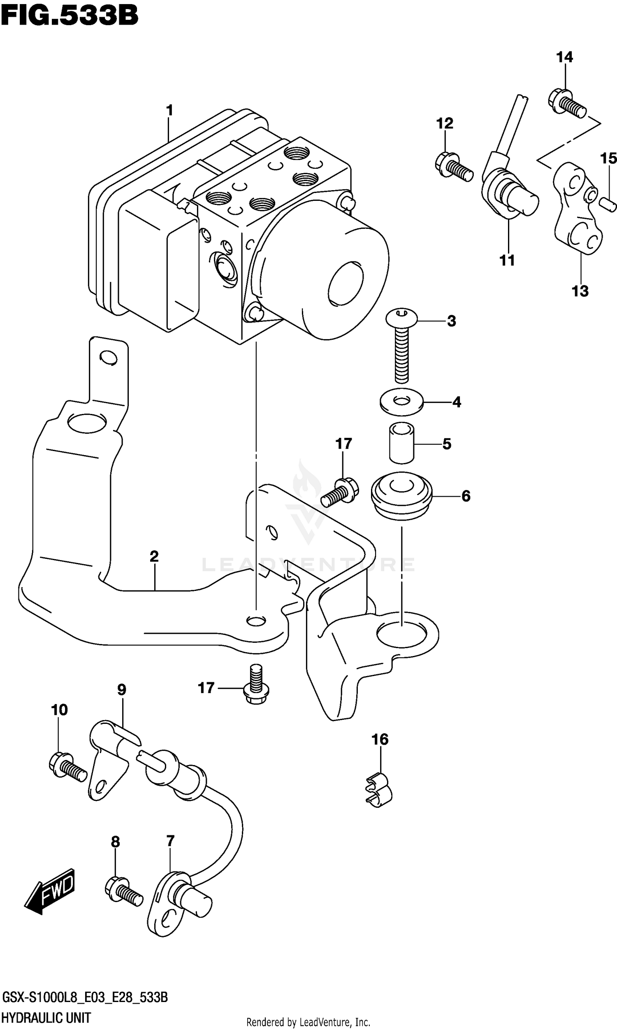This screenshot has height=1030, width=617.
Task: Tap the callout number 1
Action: click(169, 111)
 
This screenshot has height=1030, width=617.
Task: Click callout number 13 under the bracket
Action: click(580, 291)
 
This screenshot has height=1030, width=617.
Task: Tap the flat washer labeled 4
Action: click(401, 402)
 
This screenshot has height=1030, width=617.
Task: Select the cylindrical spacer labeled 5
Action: click(401, 443)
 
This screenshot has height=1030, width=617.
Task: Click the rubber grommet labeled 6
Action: click(401, 496)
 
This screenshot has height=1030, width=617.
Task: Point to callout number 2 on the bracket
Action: click(154, 556)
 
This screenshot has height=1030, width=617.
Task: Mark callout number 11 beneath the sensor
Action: click(507, 260)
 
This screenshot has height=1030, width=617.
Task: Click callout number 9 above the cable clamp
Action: click(121, 690)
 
